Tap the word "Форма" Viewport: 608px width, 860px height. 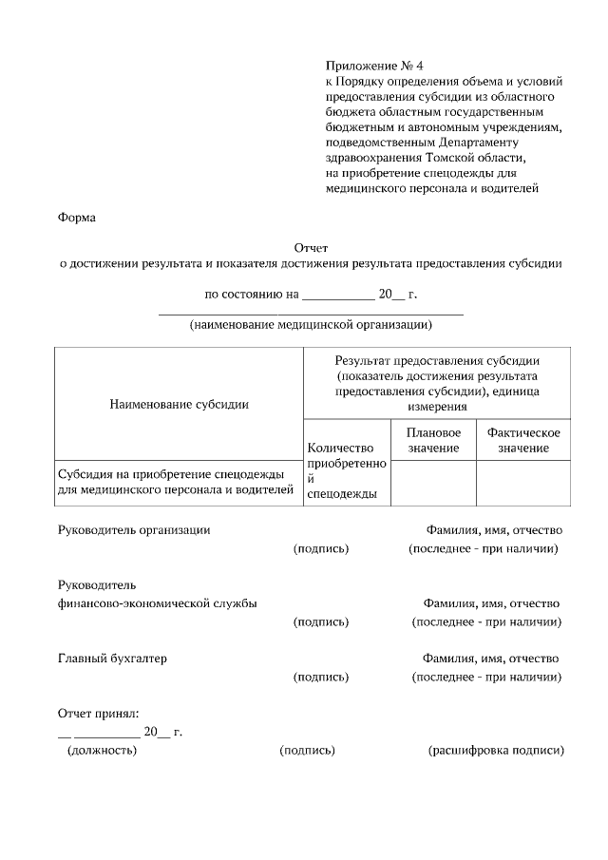coord(77,218)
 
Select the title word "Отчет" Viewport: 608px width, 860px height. coord(311,248)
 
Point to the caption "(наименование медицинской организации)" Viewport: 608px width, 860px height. coord(311,325)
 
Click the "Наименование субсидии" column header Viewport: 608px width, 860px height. coord(179,404)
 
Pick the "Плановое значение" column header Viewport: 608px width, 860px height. coord(433,440)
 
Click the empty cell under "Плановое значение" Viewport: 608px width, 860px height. coord(433,483)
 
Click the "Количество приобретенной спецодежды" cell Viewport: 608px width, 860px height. coord(347,470)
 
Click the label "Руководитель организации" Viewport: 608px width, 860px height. coord(134,529)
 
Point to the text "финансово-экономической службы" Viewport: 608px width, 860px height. coord(157,603)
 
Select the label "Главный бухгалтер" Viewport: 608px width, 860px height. coord(112,659)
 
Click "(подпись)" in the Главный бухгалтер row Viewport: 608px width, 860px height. coord(321,678)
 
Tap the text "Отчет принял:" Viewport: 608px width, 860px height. coord(99,712)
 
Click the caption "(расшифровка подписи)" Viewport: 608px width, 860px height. coord(496,751)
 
